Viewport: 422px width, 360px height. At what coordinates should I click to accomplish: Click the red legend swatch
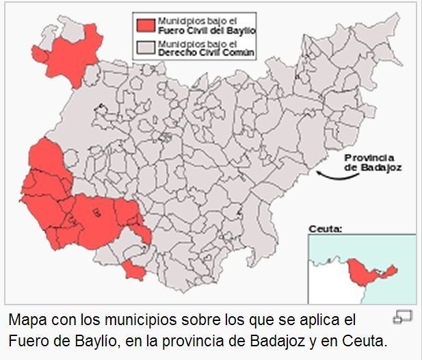(x=144, y=25)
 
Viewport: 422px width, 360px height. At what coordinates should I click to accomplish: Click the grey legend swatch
(x=144, y=47)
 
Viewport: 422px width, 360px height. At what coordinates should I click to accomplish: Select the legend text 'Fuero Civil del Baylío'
(x=206, y=31)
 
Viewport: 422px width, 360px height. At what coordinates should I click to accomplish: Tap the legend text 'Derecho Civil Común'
(x=206, y=53)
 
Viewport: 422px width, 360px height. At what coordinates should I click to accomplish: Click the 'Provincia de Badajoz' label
(x=373, y=162)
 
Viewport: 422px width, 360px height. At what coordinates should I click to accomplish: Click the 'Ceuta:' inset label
(x=325, y=229)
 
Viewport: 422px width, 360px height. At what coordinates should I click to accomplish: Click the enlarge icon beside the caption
(x=402, y=316)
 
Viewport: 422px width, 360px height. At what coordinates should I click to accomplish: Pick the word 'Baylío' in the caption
(x=100, y=340)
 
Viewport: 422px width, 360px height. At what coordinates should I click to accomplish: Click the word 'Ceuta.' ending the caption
(x=369, y=340)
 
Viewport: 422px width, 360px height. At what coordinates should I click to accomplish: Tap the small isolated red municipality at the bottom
(x=132, y=270)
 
